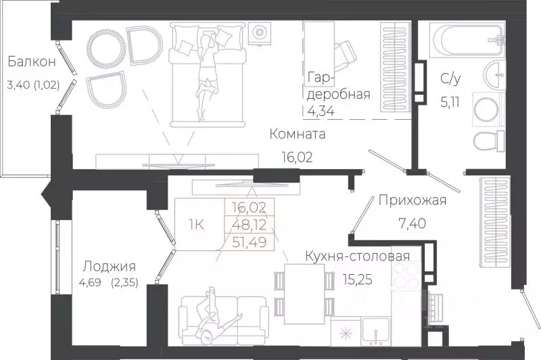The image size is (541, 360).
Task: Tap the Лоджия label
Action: (109, 266)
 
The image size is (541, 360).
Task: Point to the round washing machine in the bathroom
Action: (487, 109)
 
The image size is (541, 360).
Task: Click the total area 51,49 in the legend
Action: (248, 242)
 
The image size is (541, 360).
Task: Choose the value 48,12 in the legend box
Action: (248, 224)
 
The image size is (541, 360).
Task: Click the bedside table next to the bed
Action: (259, 32)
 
